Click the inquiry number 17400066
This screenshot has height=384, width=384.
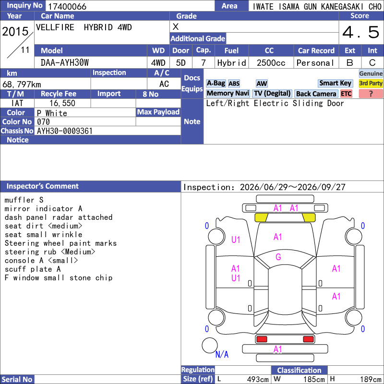pos(67,6)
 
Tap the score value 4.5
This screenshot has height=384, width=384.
pos(361,32)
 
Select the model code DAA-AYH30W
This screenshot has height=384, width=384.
pos(65,63)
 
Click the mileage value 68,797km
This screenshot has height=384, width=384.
pos(22,84)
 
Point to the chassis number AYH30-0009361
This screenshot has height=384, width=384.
pos(65,131)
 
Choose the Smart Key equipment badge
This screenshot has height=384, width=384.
pos(335,83)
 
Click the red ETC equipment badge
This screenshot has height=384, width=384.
pos(346,94)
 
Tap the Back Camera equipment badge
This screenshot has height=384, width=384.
pos(316,94)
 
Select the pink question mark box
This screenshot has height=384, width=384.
pos(371,94)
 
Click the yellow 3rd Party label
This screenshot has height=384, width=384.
pos(371,83)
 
